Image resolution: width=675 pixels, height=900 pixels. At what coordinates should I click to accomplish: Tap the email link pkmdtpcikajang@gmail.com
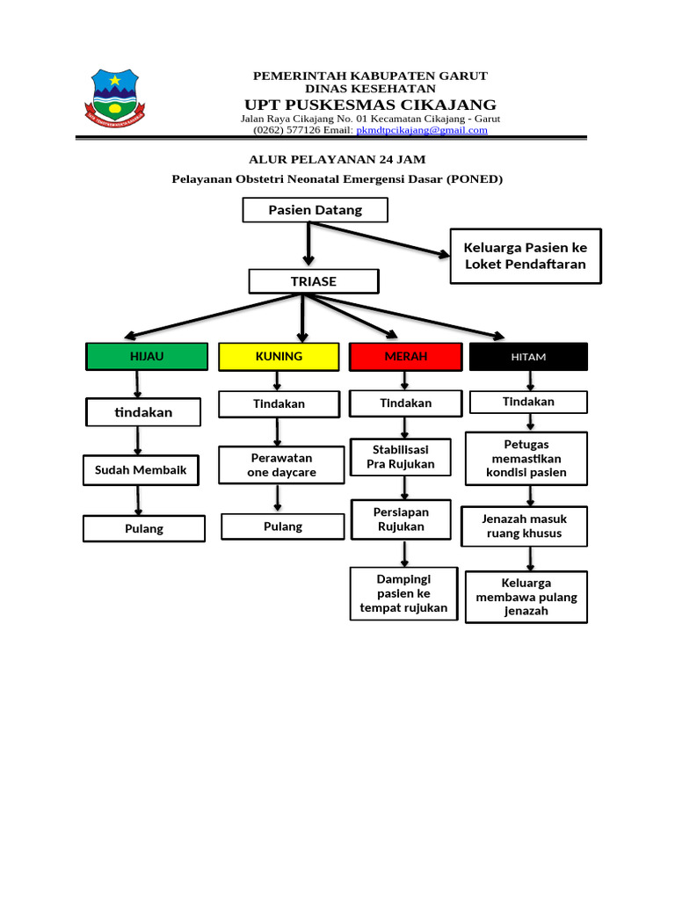point(421,130)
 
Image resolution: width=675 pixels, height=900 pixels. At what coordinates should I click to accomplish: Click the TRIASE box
point(314,281)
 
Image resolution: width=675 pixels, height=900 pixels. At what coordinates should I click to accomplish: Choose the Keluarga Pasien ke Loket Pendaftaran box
point(526,256)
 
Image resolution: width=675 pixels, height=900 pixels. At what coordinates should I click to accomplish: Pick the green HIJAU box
point(147,356)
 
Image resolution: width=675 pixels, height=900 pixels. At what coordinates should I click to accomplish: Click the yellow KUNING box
point(279,356)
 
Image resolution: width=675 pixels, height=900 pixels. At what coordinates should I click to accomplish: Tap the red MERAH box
point(405,356)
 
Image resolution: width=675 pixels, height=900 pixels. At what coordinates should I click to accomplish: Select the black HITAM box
point(528,357)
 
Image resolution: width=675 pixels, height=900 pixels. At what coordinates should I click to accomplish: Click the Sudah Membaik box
point(141,470)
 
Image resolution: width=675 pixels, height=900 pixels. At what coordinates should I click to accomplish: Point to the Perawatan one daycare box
point(281,465)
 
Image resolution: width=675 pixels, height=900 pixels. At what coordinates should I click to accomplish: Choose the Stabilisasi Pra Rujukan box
point(401,457)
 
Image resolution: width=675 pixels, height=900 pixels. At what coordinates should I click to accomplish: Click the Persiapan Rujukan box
point(401,519)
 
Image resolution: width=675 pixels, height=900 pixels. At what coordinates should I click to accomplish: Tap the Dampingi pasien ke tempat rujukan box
point(403,593)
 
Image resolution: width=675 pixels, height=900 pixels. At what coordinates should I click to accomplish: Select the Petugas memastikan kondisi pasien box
point(526,458)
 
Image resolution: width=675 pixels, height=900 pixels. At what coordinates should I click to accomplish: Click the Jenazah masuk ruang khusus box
point(525,526)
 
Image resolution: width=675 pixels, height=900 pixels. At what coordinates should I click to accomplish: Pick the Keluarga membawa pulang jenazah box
point(526,597)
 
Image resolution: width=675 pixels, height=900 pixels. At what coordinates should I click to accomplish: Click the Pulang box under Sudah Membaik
point(143,528)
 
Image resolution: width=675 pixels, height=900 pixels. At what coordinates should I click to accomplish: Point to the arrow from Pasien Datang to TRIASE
point(308,243)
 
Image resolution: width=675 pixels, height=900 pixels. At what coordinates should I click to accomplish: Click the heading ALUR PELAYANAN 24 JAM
point(337,159)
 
